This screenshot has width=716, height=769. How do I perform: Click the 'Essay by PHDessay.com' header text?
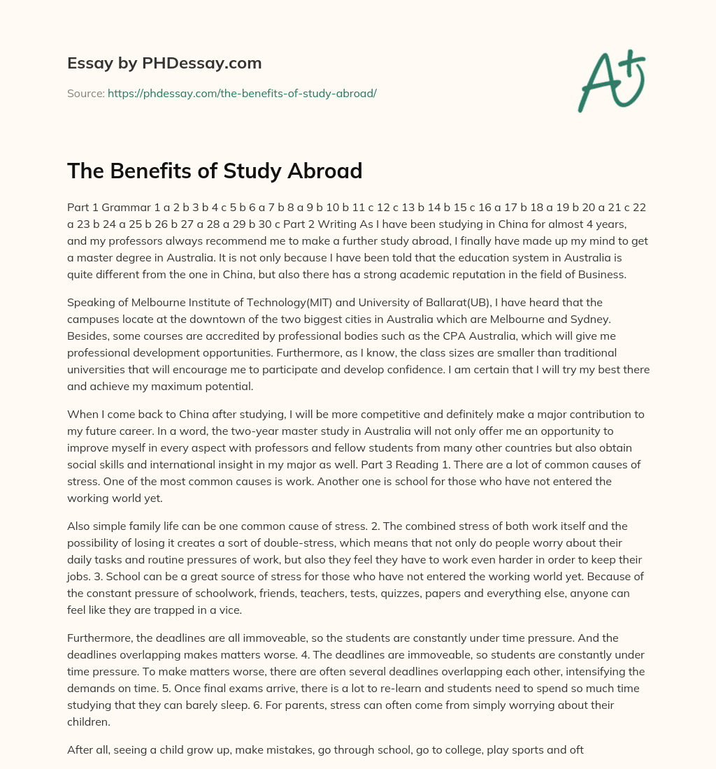pyautogui.click(x=164, y=64)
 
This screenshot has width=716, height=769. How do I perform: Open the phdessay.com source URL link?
pyautogui.click(x=242, y=93)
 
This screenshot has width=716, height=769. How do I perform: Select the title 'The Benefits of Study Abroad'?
pyautogui.click(x=215, y=170)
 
